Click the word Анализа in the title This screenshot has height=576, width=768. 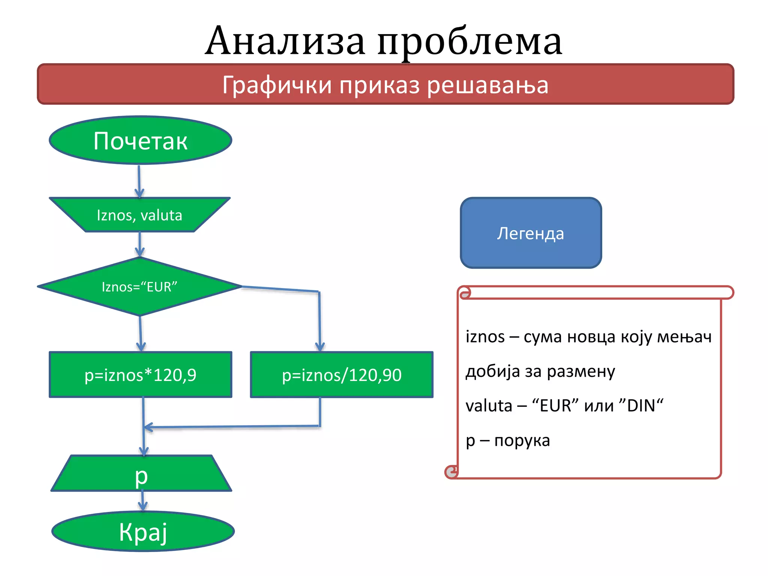[x=285, y=41]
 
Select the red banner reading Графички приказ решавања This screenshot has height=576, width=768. [x=385, y=84]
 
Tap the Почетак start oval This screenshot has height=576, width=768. [x=140, y=140]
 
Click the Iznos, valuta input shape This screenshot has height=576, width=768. [x=139, y=215]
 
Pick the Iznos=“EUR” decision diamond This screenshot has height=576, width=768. [x=139, y=286]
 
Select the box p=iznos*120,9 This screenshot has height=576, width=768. [x=140, y=375]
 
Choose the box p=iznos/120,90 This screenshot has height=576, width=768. [x=342, y=375]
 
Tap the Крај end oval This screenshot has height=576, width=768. [x=143, y=532]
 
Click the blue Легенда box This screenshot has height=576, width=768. [x=531, y=233]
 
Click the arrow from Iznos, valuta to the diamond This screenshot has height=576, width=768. [x=139, y=244]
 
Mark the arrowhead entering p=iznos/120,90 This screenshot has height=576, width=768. [x=320, y=347]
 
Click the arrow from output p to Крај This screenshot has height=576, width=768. [x=142, y=501]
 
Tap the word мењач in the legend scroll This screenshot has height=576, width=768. [x=684, y=337]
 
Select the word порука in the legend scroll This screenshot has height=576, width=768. [x=522, y=440]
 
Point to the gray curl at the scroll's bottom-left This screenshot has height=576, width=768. [x=452, y=472]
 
